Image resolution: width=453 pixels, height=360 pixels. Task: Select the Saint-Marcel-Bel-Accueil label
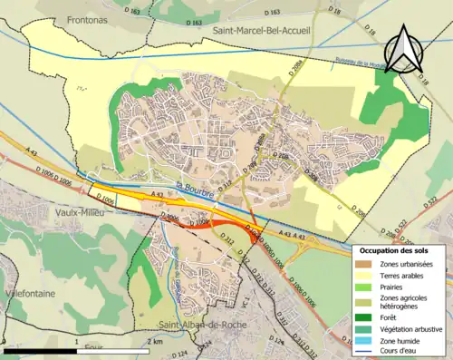click(x=261, y=31)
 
